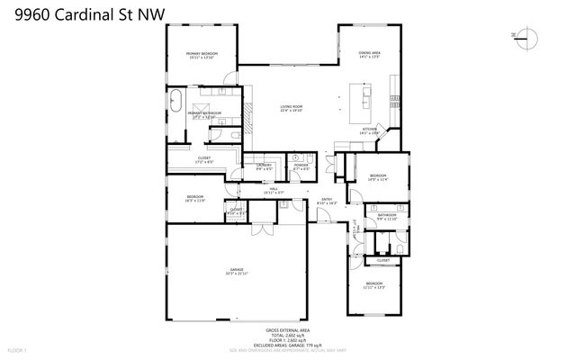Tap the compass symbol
pyautogui.click(x=527, y=38)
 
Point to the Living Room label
pyautogui.click(x=291, y=109)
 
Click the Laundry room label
pyautogui.click(x=264, y=167)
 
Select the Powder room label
pyautogui.click(x=301, y=167)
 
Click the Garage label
pyautogui.click(x=237, y=271)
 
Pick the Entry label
pyautogui.click(x=327, y=202)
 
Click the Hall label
pyautogui.click(x=273, y=191)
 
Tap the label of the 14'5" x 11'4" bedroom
pyautogui.click(x=377, y=177)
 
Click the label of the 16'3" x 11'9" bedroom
pyautogui.click(x=196, y=199)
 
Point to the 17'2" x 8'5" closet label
pyautogui.click(x=205, y=161)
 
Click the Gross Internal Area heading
pyautogui.click(x=287, y=330)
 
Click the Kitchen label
pyautogui.click(x=369, y=131)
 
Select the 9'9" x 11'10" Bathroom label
pyautogui.click(x=387, y=217)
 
